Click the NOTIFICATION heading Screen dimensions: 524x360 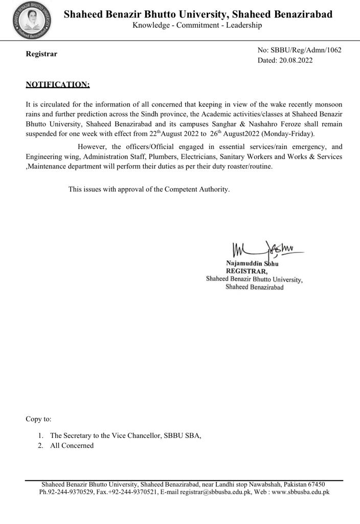58,84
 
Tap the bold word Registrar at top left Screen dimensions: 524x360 41,54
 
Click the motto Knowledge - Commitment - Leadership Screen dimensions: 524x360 197,25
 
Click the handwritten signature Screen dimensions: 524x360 266,249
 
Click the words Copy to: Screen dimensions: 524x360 38,419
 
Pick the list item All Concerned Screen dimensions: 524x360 72,445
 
